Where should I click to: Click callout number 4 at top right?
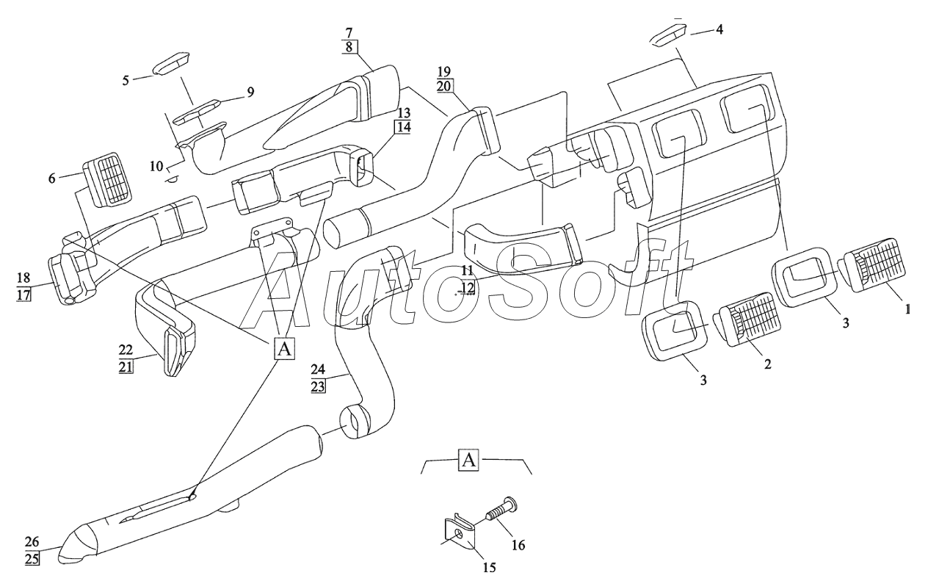coord(719,29)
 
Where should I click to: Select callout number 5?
coord(126,80)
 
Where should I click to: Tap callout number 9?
coord(250,92)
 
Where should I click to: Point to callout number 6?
coord(52,178)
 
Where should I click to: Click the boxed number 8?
coord(349,47)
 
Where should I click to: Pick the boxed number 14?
coord(404,127)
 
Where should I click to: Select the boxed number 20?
coord(444,86)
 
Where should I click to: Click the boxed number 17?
coord(24,295)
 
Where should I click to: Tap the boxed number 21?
coord(126,367)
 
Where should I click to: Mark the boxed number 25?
coord(32,559)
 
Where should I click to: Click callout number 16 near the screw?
coord(518,544)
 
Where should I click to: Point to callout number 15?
coord(489,567)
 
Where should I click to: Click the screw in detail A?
coord(501,510)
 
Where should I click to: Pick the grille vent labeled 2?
coord(745,318)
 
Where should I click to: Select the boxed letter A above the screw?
coord(468,460)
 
